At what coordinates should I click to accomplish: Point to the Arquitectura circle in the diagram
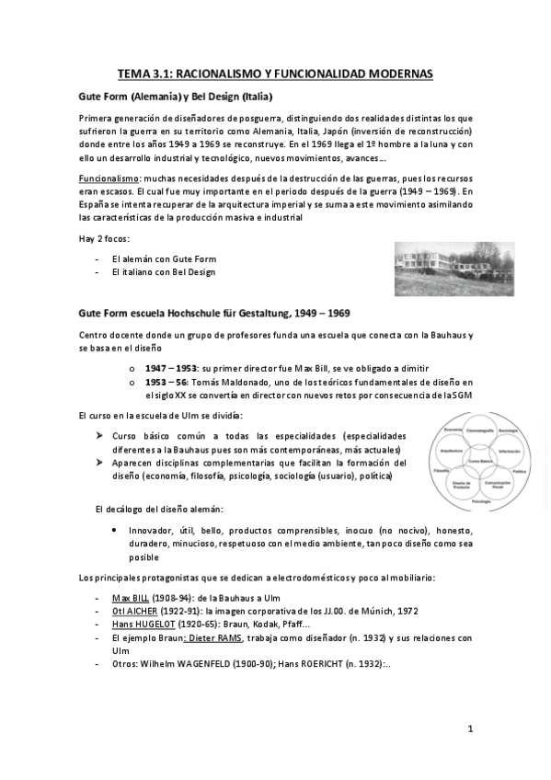coord(452,450)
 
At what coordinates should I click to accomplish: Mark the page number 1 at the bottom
coord(469,729)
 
